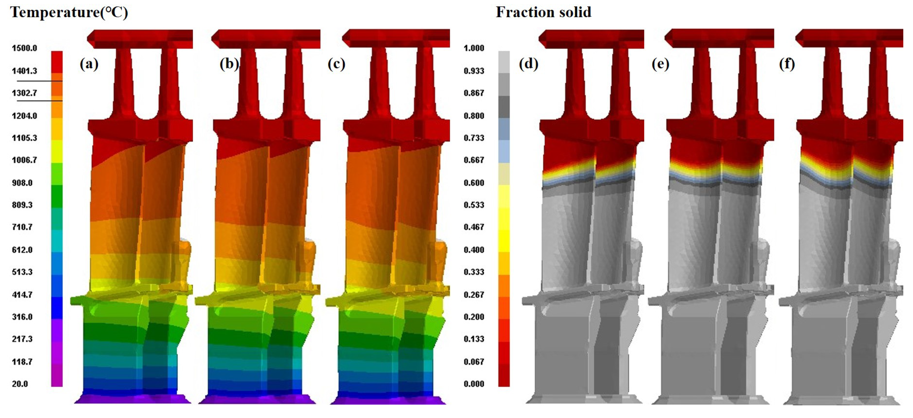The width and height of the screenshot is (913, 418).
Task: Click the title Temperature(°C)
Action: [69, 12]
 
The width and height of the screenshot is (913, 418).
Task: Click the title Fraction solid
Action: [543, 12]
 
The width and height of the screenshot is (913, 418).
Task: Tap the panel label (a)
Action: [89, 64]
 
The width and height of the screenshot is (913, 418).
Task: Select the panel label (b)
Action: [229, 64]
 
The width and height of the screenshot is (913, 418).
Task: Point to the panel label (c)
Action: [336, 64]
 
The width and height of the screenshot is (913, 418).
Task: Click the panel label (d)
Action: [528, 64]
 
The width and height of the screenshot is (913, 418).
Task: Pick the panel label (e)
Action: [660, 64]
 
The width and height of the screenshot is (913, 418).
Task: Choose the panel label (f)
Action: [787, 64]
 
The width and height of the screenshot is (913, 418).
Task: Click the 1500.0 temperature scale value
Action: [24, 48]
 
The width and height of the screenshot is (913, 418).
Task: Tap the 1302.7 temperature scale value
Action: [24, 93]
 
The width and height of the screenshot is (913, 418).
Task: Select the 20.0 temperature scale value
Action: [20, 384]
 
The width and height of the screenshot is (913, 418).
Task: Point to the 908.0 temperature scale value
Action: [22, 183]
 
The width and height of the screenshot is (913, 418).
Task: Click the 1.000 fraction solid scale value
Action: [474, 48]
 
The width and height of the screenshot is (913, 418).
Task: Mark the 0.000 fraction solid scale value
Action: [474, 384]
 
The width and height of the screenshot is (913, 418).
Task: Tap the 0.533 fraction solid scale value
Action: [474, 205]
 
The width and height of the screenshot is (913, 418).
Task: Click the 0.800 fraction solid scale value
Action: [474, 116]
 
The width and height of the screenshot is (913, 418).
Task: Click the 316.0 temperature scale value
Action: [22, 317]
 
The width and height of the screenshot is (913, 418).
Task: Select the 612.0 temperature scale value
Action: [22, 250]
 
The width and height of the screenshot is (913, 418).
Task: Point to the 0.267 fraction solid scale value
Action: [474, 295]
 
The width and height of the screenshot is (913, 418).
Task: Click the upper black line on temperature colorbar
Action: [40, 81]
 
